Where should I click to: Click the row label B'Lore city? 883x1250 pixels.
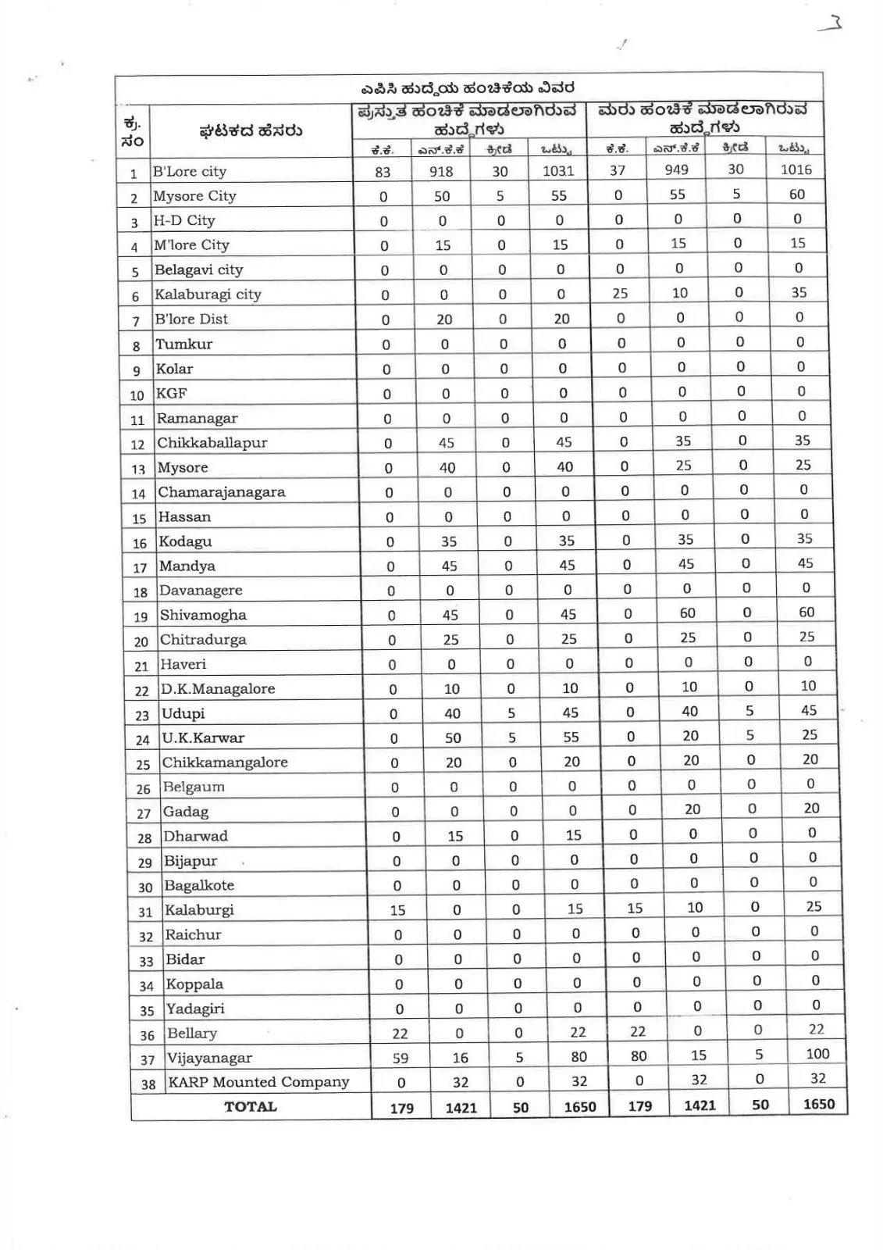click(190, 171)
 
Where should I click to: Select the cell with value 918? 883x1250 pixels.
click(441, 171)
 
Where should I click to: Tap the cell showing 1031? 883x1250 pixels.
click(558, 170)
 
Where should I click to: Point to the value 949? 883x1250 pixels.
click(676, 170)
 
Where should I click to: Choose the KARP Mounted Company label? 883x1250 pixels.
click(258, 1082)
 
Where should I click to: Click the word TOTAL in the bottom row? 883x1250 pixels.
click(251, 1106)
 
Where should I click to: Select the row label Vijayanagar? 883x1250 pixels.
click(210, 1058)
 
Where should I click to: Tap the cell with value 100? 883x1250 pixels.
click(817, 1054)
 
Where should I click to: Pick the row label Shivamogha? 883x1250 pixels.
click(203, 615)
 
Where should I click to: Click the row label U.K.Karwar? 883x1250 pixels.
click(203, 737)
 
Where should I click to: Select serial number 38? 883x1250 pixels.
click(148, 1084)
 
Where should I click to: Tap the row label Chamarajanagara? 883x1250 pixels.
click(222, 492)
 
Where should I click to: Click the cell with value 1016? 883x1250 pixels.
click(796, 170)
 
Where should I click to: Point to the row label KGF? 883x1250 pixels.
click(172, 393)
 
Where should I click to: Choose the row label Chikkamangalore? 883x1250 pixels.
click(225, 762)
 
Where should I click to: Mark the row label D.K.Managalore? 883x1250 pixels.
click(218, 689)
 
